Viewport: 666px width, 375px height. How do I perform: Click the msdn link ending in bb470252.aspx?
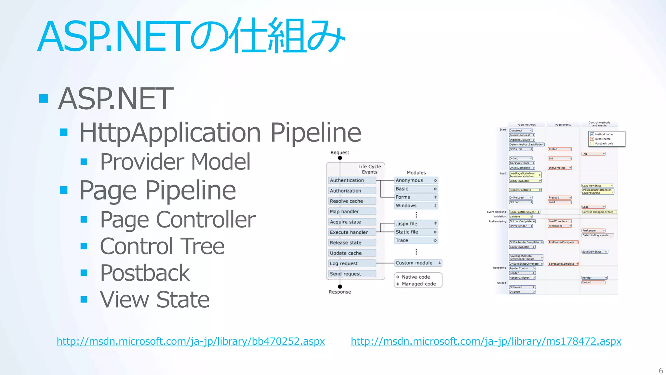coord(191,341)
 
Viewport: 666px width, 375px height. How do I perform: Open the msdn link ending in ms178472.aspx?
coord(486,341)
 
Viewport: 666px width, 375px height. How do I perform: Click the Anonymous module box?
coord(416,180)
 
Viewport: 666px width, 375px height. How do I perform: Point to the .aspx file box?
coord(416,224)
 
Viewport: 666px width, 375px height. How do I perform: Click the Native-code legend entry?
coord(416,277)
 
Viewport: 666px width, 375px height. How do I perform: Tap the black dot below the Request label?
coord(340,158)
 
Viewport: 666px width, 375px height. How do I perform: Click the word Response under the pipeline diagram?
coord(340,292)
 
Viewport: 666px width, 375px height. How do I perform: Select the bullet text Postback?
coord(145,273)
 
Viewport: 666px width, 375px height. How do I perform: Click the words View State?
coord(155,299)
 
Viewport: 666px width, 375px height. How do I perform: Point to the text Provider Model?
coord(175,161)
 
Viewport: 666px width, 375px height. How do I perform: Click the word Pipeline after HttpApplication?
coord(316,132)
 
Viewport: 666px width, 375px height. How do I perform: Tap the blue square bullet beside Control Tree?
coord(84,246)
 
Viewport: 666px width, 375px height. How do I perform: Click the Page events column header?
coord(563,125)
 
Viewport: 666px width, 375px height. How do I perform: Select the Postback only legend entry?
coord(604,144)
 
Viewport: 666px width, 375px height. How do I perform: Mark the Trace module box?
coord(416,241)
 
